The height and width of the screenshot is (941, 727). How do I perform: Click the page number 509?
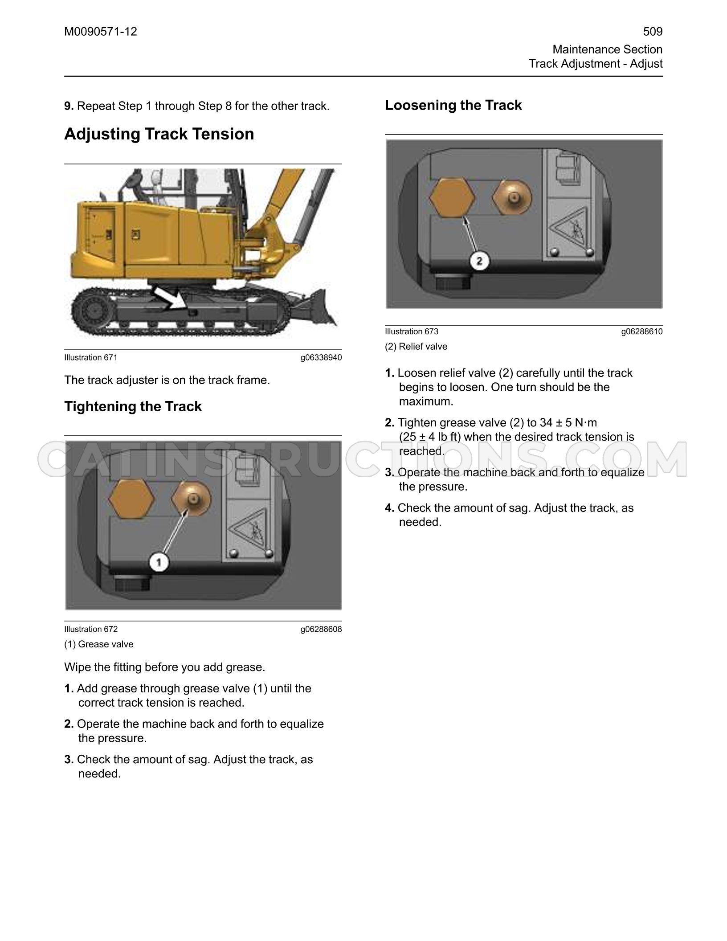(653, 32)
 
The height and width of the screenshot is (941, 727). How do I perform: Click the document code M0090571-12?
(101, 32)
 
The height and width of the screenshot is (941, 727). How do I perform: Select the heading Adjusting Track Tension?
(159, 134)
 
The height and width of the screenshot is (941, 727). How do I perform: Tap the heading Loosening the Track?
(453, 105)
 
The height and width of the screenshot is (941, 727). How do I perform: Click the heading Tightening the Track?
(133, 406)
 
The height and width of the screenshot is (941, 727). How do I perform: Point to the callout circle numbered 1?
(159, 563)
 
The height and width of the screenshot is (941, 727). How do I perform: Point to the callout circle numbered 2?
(479, 261)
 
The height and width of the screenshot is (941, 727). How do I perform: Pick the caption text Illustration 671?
(91, 357)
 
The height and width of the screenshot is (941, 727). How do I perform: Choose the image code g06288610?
(642, 331)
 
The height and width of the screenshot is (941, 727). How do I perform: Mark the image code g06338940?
(321, 357)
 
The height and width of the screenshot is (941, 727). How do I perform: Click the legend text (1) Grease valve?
(99, 644)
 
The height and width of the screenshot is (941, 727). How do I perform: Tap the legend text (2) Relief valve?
(416, 347)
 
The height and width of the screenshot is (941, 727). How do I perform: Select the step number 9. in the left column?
(69, 106)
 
